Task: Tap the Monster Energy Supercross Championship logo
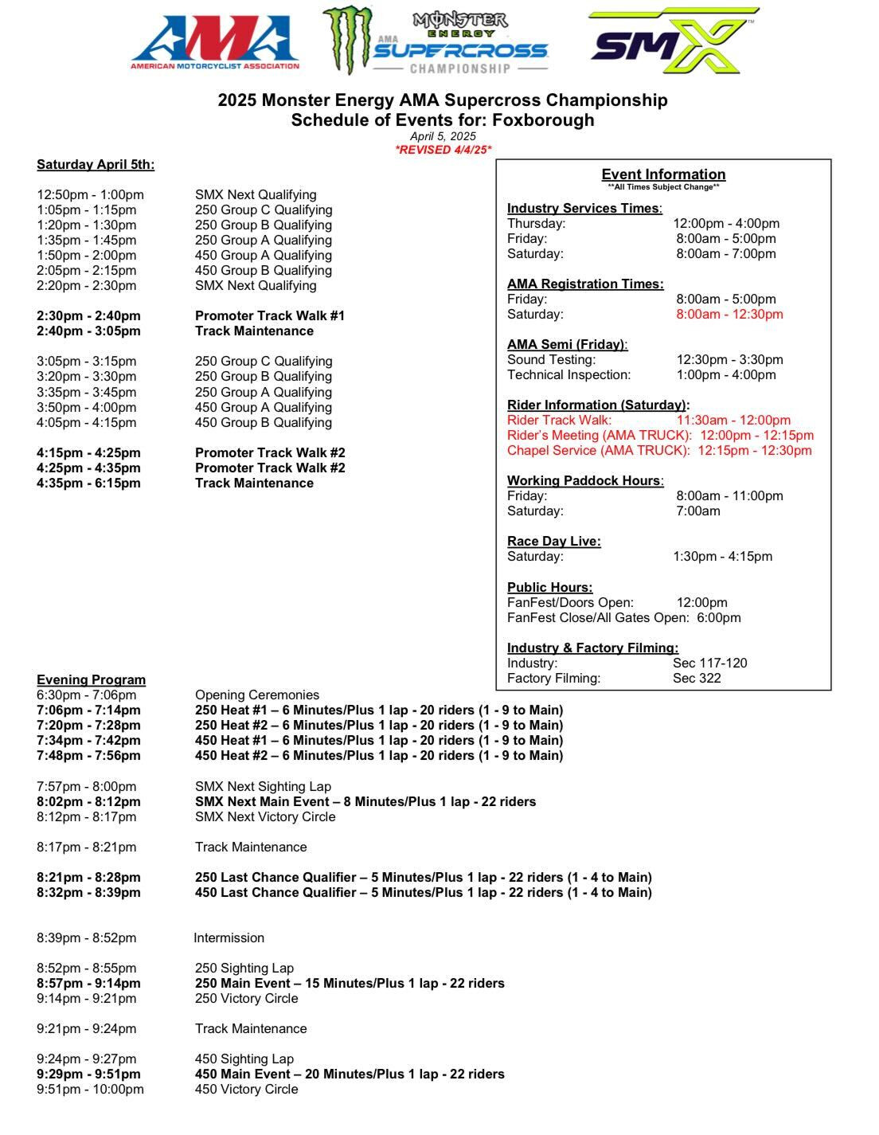[x=436, y=41]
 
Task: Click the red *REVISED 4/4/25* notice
[x=443, y=150]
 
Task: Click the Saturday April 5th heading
[x=96, y=165]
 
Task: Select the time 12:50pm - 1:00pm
[x=90, y=195]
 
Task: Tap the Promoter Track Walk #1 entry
[x=270, y=316]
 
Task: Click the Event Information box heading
[x=663, y=174]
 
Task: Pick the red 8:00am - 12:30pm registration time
[x=729, y=315]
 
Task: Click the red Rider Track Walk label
[x=559, y=421]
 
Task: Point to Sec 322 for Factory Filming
[x=697, y=679]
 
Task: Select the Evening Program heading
[x=91, y=680]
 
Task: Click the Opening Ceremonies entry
[x=257, y=695]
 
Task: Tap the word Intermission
[x=229, y=938]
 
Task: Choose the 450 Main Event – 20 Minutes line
[x=350, y=1074]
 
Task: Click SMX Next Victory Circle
[x=265, y=817]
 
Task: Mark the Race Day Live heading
[x=554, y=542]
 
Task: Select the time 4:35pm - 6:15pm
[x=88, y=483]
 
